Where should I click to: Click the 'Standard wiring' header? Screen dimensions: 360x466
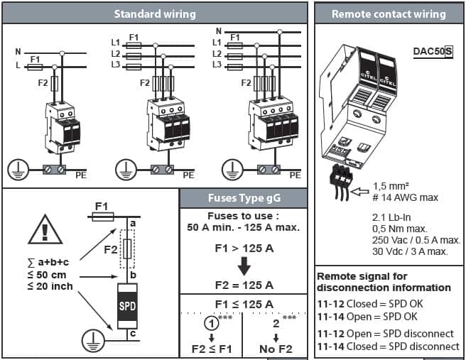(x=155, y=13)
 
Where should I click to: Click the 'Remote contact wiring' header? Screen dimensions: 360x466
(x=389, y=13)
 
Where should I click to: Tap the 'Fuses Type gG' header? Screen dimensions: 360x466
(x=242, y=198)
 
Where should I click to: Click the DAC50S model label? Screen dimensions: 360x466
(x=433, y=51)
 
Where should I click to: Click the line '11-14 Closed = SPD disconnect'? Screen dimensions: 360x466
(x=388, y=346)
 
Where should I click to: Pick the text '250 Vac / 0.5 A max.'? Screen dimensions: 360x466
(x=416, y=240)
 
